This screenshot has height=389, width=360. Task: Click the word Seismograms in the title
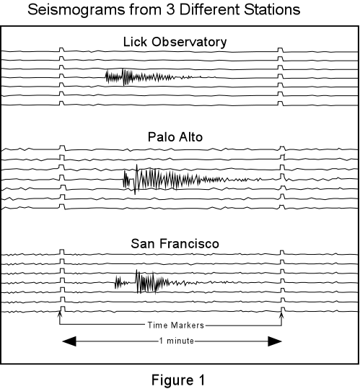click(x=76, y=10)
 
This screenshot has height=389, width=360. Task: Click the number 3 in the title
click(x=170, y=9)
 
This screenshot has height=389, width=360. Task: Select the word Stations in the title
click(x=272, y=9)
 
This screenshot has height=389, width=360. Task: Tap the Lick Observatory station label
click(x=175, y=42)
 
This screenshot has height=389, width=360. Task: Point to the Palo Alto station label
click(x=175, y=137)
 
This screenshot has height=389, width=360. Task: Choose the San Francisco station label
click(x=175, y=244)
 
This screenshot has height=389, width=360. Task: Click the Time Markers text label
click(x=176, y=325)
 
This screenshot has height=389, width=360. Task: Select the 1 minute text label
click(x=177, y=341)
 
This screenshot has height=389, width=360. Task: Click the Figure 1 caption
click(x=178, y=380)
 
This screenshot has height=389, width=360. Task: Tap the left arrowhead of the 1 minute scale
click(x=69, y=341)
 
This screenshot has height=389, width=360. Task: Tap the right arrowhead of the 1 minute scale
click(x=275, y=341)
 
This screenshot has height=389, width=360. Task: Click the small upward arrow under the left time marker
click(x=59, y=315)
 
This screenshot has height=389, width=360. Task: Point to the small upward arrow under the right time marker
click(x=281, y=315)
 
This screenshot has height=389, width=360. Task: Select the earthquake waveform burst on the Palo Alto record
click(x=192, y=180)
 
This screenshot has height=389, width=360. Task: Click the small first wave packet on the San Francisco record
click(x=121, y=283)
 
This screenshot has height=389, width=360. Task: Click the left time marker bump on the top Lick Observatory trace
click(x=62, y=50)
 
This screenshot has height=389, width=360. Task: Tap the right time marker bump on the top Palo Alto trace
click(x=282, y=149)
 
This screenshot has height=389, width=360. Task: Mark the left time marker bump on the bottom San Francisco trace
click(x=63, y=309)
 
